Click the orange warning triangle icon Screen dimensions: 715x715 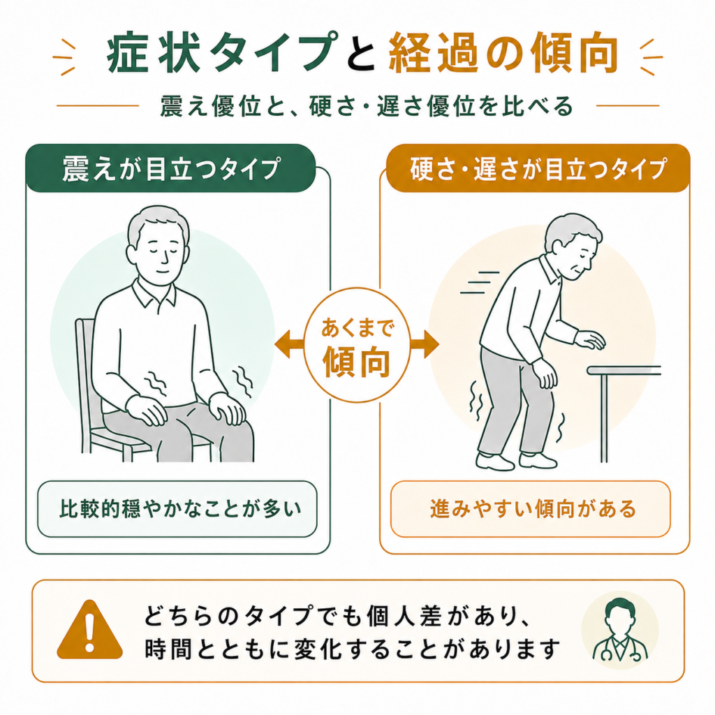coord(90,631)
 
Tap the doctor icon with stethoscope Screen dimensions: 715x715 coord(620,630)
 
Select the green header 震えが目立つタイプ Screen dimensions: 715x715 coord(170,168)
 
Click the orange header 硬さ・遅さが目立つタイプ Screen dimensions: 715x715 coord(538,168)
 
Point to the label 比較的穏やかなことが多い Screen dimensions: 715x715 coord(181,509)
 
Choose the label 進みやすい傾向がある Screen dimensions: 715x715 coord(533,509)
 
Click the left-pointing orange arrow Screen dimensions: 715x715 coord(289,344)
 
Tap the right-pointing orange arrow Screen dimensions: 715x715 coord(425,344)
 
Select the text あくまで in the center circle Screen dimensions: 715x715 coord(357,328)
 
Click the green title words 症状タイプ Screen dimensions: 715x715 coord(223,52)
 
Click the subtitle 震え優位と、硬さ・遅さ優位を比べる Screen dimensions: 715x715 coord(366,106)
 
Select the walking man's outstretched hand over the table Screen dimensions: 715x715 coord(590,340)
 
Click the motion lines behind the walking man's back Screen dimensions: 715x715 coord(480,283)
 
